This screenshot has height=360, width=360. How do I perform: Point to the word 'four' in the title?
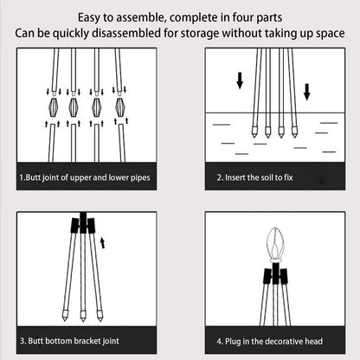(x=246, y=16)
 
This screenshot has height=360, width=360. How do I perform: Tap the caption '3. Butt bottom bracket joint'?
(x=74, y=342)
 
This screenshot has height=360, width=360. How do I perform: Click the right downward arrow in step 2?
(x=306, y=89)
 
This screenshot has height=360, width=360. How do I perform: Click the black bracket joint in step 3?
(x=82, y=225)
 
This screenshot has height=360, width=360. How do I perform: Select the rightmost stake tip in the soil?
(x=295, y=135)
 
